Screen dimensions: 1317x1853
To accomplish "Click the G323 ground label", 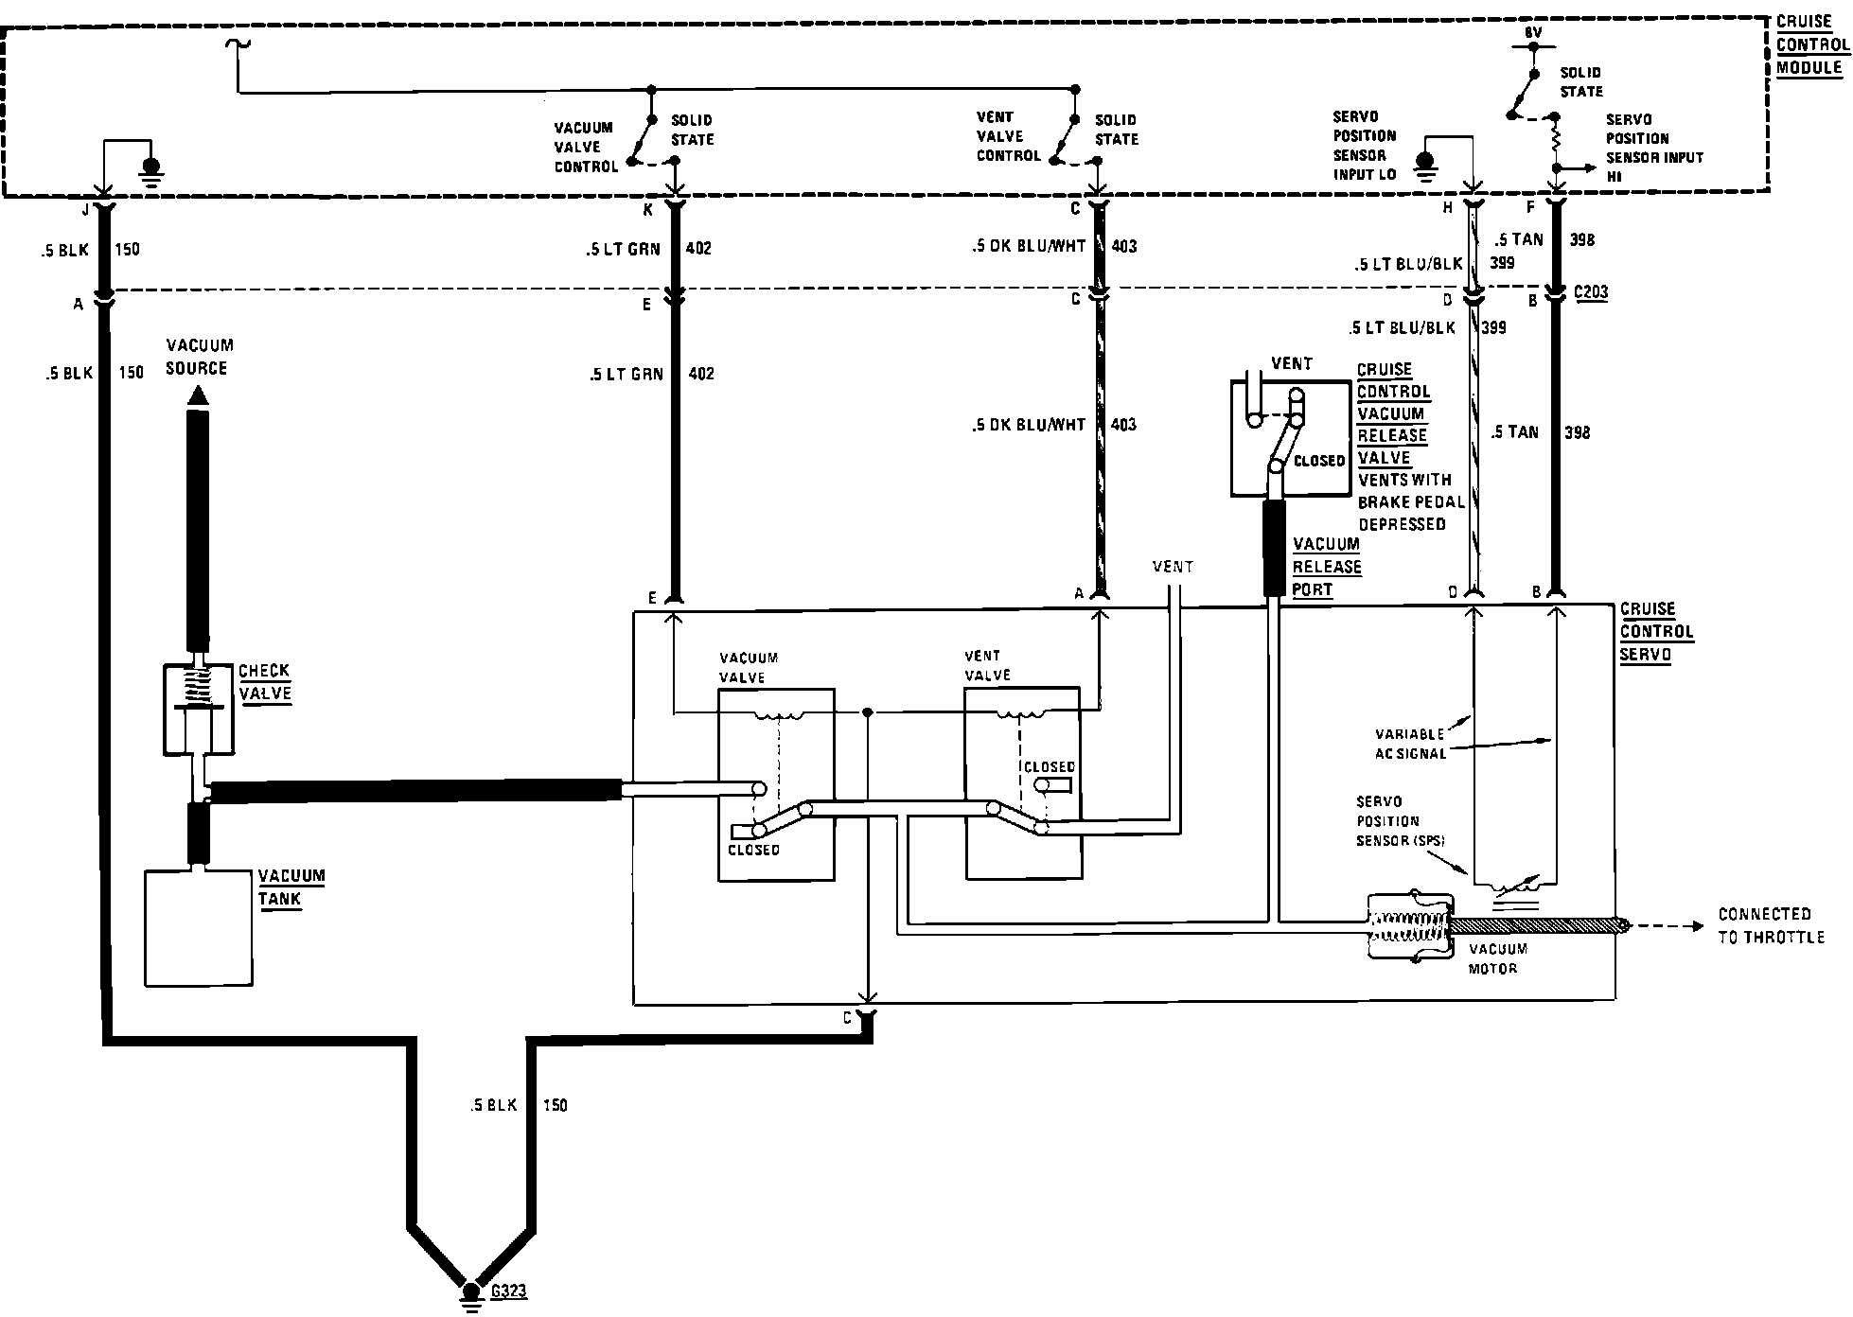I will [x=509, y=1291].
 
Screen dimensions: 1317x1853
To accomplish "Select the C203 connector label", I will [x=1591, y=292].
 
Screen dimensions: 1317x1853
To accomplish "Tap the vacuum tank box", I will [x=199, y=927].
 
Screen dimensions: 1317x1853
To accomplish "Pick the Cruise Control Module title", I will [x=1811, y=44].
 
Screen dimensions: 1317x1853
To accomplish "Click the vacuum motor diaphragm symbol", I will [x=1408, y=927].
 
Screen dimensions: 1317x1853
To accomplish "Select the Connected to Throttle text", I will [x=1770, y=925].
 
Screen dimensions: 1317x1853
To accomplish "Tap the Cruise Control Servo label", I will [x=1656, y=631].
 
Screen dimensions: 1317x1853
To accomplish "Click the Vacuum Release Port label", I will [x=1327, y=567].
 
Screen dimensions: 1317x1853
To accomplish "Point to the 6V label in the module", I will [x=1533, y=32].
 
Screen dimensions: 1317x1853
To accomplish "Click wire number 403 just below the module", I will [x=1124, y=246].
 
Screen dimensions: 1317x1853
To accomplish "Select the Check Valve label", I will [x=264, y=681].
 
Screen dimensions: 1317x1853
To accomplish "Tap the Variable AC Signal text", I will [x=1409, y=744].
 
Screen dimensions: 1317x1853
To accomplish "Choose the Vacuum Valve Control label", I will [x=585, y=147].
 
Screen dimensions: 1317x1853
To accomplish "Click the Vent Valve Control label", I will [x=1008, y=136].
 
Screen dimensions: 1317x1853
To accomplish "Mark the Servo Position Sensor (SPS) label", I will [x=1400, y=821].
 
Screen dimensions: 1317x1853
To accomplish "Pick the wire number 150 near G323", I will [x=555, y=1105].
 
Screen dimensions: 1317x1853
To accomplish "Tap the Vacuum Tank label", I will [x=291, y=887].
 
